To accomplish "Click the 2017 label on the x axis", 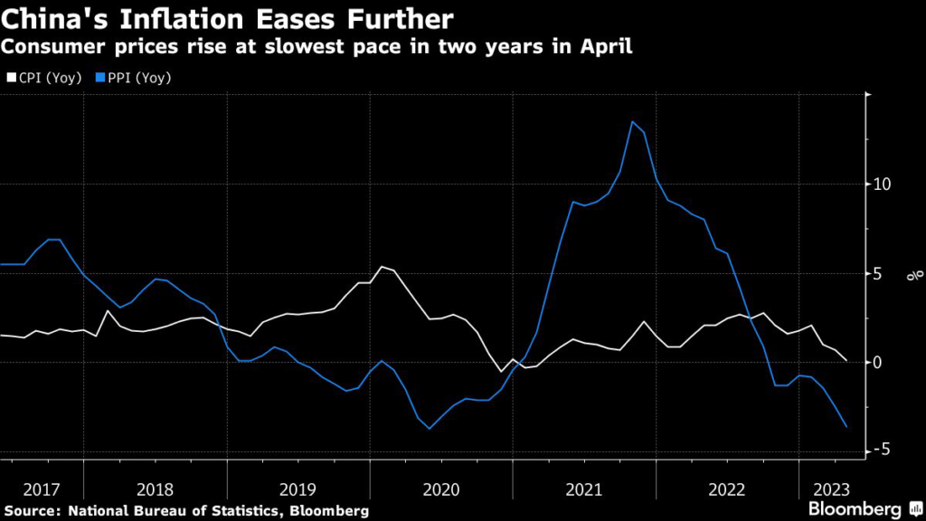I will click(42, 489).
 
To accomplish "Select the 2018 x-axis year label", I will click(155, 489).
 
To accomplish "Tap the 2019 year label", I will click(298, 489).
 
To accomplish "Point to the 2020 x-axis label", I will click(441, 489).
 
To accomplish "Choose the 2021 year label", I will click(584, 489).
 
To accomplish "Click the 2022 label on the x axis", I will click(727, 489).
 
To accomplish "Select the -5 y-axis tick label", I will click(883, 450).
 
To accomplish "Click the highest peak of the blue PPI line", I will click(632, 122).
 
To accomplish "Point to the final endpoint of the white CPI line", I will click(846, 360).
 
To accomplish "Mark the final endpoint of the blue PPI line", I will click(846, 427).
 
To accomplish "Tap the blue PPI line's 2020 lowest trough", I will click(430, 428).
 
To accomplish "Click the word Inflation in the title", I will click(172, 18).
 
